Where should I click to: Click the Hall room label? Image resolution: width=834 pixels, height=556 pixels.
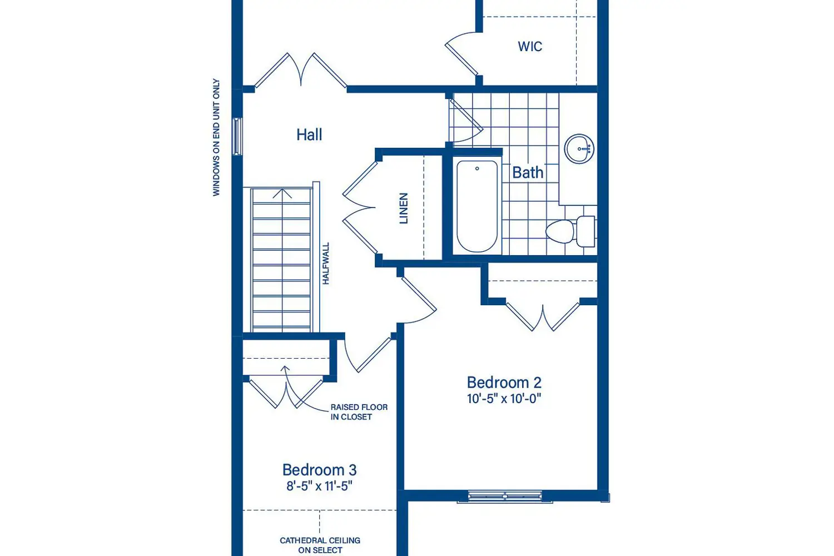tap(309, 135)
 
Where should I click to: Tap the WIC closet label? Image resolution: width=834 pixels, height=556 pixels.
tap(530, 47)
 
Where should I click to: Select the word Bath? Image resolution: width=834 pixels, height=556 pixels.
tap(528, 173)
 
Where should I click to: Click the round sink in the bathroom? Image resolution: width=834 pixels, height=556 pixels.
tap(579, 148)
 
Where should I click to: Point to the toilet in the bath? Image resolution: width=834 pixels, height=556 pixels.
tap(570, 231)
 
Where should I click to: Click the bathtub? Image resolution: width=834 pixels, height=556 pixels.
tap(477, 206)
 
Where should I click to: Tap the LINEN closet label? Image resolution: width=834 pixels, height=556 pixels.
tap(404, 208)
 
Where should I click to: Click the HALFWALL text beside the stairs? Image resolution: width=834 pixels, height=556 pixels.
tap(326, 264)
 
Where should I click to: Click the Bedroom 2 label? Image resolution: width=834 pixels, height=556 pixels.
tap(504, 383)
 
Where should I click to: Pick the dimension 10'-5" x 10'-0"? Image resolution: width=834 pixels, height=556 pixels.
tap(504, 399)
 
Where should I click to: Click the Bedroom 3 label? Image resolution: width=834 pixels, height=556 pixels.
tap(320, 470)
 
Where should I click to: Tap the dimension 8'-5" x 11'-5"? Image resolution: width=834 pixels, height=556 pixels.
tap(320, 486)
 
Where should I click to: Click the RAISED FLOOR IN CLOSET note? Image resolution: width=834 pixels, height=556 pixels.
tap(359, 412)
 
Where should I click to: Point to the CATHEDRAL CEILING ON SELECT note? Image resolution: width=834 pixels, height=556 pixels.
tap(320, 545)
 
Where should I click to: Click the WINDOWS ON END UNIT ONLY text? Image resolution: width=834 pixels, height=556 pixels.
tap(216, 137)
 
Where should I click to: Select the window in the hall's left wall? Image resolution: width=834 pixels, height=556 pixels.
tap(237, 136)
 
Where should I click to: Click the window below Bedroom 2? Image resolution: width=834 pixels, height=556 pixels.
tap(504, 497)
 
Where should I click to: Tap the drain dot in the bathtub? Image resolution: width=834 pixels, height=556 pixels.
tap(477, 168)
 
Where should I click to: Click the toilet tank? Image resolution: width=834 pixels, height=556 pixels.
tap(585, 231)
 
